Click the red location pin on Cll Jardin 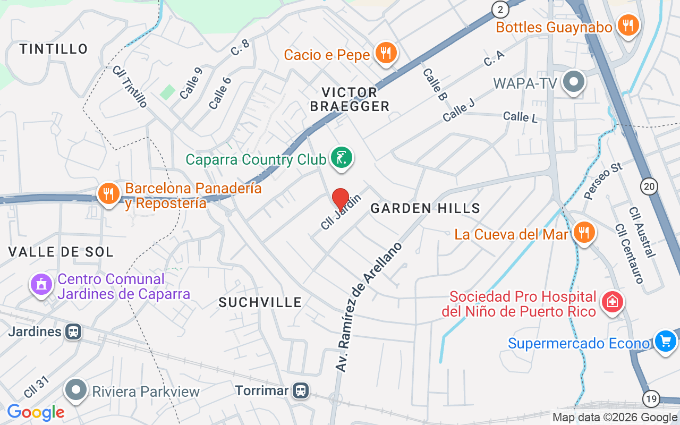coord(341,199)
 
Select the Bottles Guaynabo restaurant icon coord(628,25)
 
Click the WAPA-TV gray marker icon coord(574,82)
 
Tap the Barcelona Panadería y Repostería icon coord(109,194)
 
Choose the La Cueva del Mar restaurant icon coord(584,232)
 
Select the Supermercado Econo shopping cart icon coord(666,341)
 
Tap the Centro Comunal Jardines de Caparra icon coord(41,284)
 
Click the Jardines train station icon coord(73,332)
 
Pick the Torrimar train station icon coord(301,391)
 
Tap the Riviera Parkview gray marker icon coord(76,390)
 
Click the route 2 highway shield coord(500,9)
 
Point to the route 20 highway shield coord(649,186)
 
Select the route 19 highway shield coord(651,398)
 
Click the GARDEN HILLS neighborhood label coord(425,208)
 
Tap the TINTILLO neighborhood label coord(54,49)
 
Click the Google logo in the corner coord(36,412)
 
